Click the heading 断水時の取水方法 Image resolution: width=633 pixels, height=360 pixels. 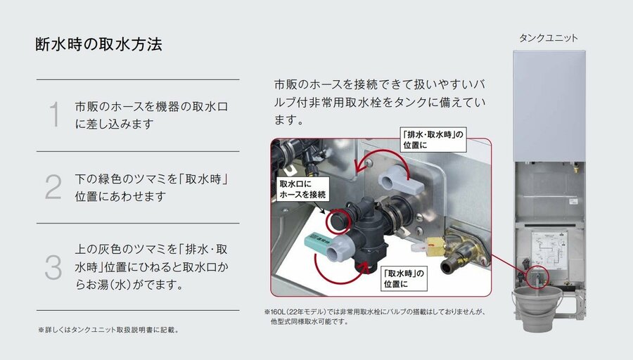pos(98,44)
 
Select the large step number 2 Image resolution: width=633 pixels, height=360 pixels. pos(53,187)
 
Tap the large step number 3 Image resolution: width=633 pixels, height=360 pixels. pos(53,267)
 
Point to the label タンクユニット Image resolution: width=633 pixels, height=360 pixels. pos(548,39)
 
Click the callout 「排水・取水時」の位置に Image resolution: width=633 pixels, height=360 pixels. pos(433,140)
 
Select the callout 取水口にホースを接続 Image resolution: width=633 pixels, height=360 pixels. pos(302,189)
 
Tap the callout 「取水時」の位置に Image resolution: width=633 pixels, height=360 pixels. pos(404,278)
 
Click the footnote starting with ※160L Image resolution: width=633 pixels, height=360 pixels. pos(375,317)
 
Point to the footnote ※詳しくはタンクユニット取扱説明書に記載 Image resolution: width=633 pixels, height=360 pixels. pos(108,330)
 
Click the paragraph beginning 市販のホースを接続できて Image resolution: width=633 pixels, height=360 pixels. pos(380,103)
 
